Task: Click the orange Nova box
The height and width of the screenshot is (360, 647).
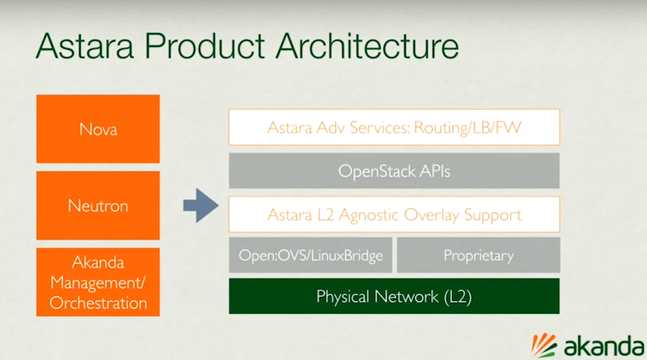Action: point(98,129)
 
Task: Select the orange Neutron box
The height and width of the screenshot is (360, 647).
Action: point(98,205)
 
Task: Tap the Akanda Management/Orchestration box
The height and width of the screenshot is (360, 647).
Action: point(98,282)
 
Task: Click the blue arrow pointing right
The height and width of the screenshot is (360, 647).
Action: point(201,205)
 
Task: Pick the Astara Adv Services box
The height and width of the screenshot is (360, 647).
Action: point(394,127)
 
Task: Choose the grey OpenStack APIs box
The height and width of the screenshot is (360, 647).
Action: point(394,171)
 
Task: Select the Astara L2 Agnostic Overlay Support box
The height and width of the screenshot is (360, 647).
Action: point(394,214)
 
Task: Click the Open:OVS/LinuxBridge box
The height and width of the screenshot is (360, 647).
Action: point(311,255)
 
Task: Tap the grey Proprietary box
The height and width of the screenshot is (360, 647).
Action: point(478,255)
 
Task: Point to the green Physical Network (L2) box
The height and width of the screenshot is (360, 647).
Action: point(394,296)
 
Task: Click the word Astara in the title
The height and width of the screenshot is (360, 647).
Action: point(85,46)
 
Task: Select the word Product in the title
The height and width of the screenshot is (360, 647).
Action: point(205,46)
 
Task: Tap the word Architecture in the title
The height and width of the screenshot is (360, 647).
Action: point(367,46)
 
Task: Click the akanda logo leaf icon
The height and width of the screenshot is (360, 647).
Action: point(543,345)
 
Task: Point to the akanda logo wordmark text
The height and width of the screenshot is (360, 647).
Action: point(604,345)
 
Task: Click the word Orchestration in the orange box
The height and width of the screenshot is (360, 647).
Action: point(98,303)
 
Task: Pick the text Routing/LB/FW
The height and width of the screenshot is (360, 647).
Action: point(467,128)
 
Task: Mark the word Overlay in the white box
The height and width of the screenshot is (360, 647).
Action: point(431,215)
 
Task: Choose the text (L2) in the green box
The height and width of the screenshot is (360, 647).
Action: point(458,297)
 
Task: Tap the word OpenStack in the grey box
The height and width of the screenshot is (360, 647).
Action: point(377,172)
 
